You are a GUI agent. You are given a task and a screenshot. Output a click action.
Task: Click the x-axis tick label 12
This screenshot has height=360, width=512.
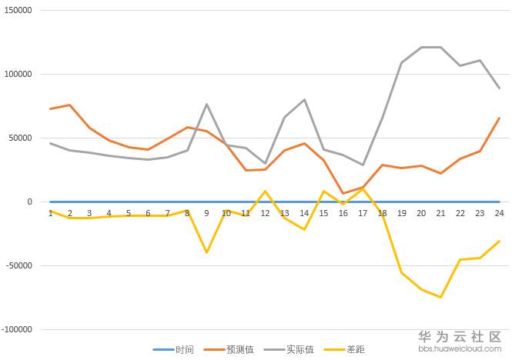click(265, 213)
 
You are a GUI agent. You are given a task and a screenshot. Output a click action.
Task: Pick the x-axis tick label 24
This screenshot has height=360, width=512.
click(499, 213)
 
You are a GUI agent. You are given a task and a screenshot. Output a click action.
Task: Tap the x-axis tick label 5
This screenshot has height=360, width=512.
click(129, 213)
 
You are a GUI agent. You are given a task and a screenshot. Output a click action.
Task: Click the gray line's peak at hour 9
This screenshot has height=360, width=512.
click(206, 105)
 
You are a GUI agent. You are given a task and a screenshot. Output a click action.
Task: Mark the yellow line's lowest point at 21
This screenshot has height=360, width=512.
click(440, 297)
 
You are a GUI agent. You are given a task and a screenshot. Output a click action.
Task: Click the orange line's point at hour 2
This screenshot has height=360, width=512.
click(70, 105)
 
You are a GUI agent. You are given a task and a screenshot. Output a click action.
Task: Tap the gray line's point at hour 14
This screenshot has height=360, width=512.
click(304, 100)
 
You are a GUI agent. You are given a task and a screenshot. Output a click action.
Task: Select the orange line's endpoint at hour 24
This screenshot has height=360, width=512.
click(499, 118)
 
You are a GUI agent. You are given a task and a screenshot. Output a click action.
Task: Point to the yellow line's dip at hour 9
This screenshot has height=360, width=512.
click(206, 252)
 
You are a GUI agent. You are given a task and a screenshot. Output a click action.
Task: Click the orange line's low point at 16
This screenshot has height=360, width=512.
click(343, 193)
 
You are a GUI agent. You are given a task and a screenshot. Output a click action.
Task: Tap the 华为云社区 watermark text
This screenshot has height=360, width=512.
click(459, 337)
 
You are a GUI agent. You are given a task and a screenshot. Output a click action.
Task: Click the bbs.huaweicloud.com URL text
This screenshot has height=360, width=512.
click(459, 349)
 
